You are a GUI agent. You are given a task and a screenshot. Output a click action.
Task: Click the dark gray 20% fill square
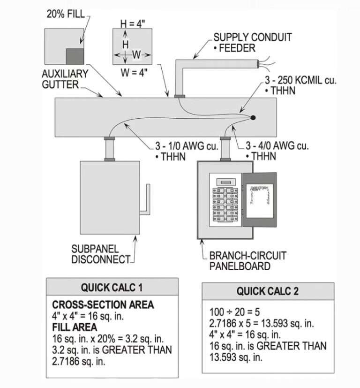pos(74,56)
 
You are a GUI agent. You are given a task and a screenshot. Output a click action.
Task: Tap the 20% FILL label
pos(65,14)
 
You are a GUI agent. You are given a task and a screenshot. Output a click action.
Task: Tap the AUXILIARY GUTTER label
pos(65,79)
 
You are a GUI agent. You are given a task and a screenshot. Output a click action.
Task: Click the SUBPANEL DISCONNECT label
pos(100,254)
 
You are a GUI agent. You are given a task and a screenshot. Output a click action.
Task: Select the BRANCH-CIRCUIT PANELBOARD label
pos(247,261)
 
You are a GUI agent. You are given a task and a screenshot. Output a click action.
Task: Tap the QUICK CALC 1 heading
pos(112,287)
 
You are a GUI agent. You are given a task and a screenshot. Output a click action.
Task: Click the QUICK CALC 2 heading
pos(268,291)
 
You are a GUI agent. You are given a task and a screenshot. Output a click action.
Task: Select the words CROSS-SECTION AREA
pos(103,305)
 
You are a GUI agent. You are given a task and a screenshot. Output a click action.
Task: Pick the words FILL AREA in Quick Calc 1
pos(75,327)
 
